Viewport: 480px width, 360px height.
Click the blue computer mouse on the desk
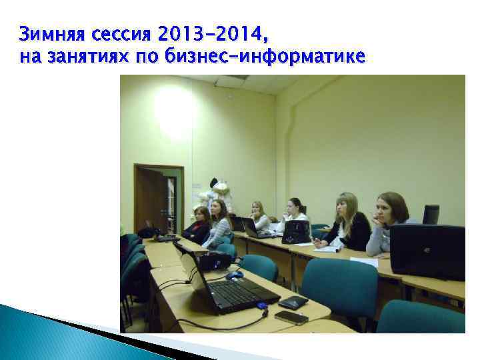tap(234, 274)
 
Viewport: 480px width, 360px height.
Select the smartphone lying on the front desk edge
tap(291, 317)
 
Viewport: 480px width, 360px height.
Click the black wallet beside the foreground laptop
tap(293, 302)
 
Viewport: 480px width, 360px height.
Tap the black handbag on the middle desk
tap(295, 232)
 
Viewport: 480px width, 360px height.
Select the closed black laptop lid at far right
tap(427, 251)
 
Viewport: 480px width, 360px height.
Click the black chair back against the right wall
tap(431, 214)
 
